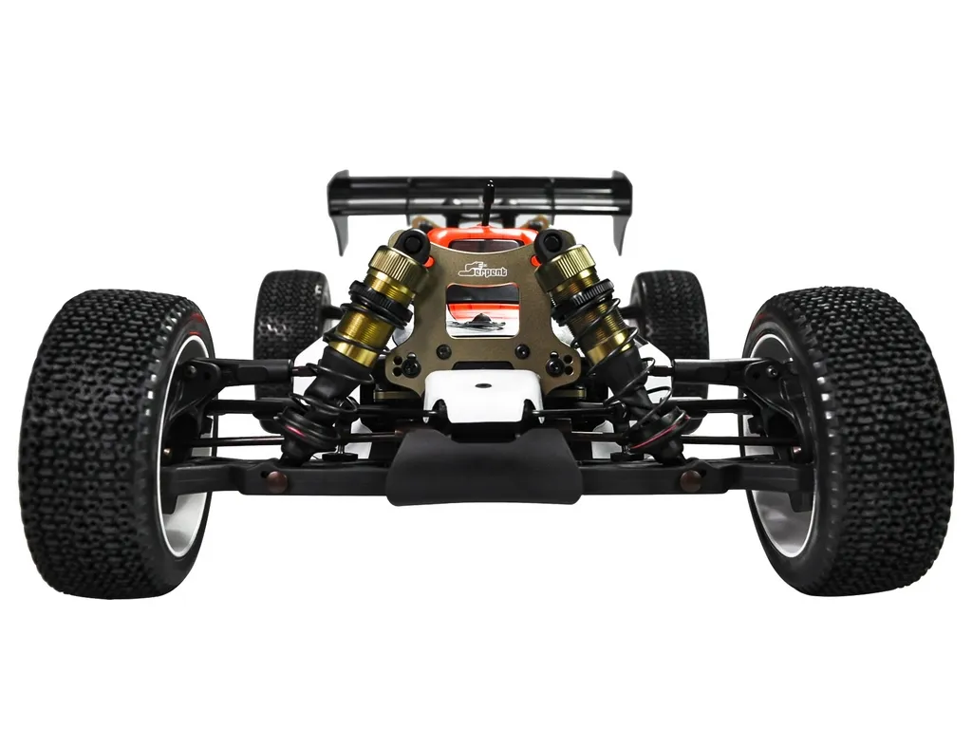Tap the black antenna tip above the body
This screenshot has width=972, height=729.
click(490, 185)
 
